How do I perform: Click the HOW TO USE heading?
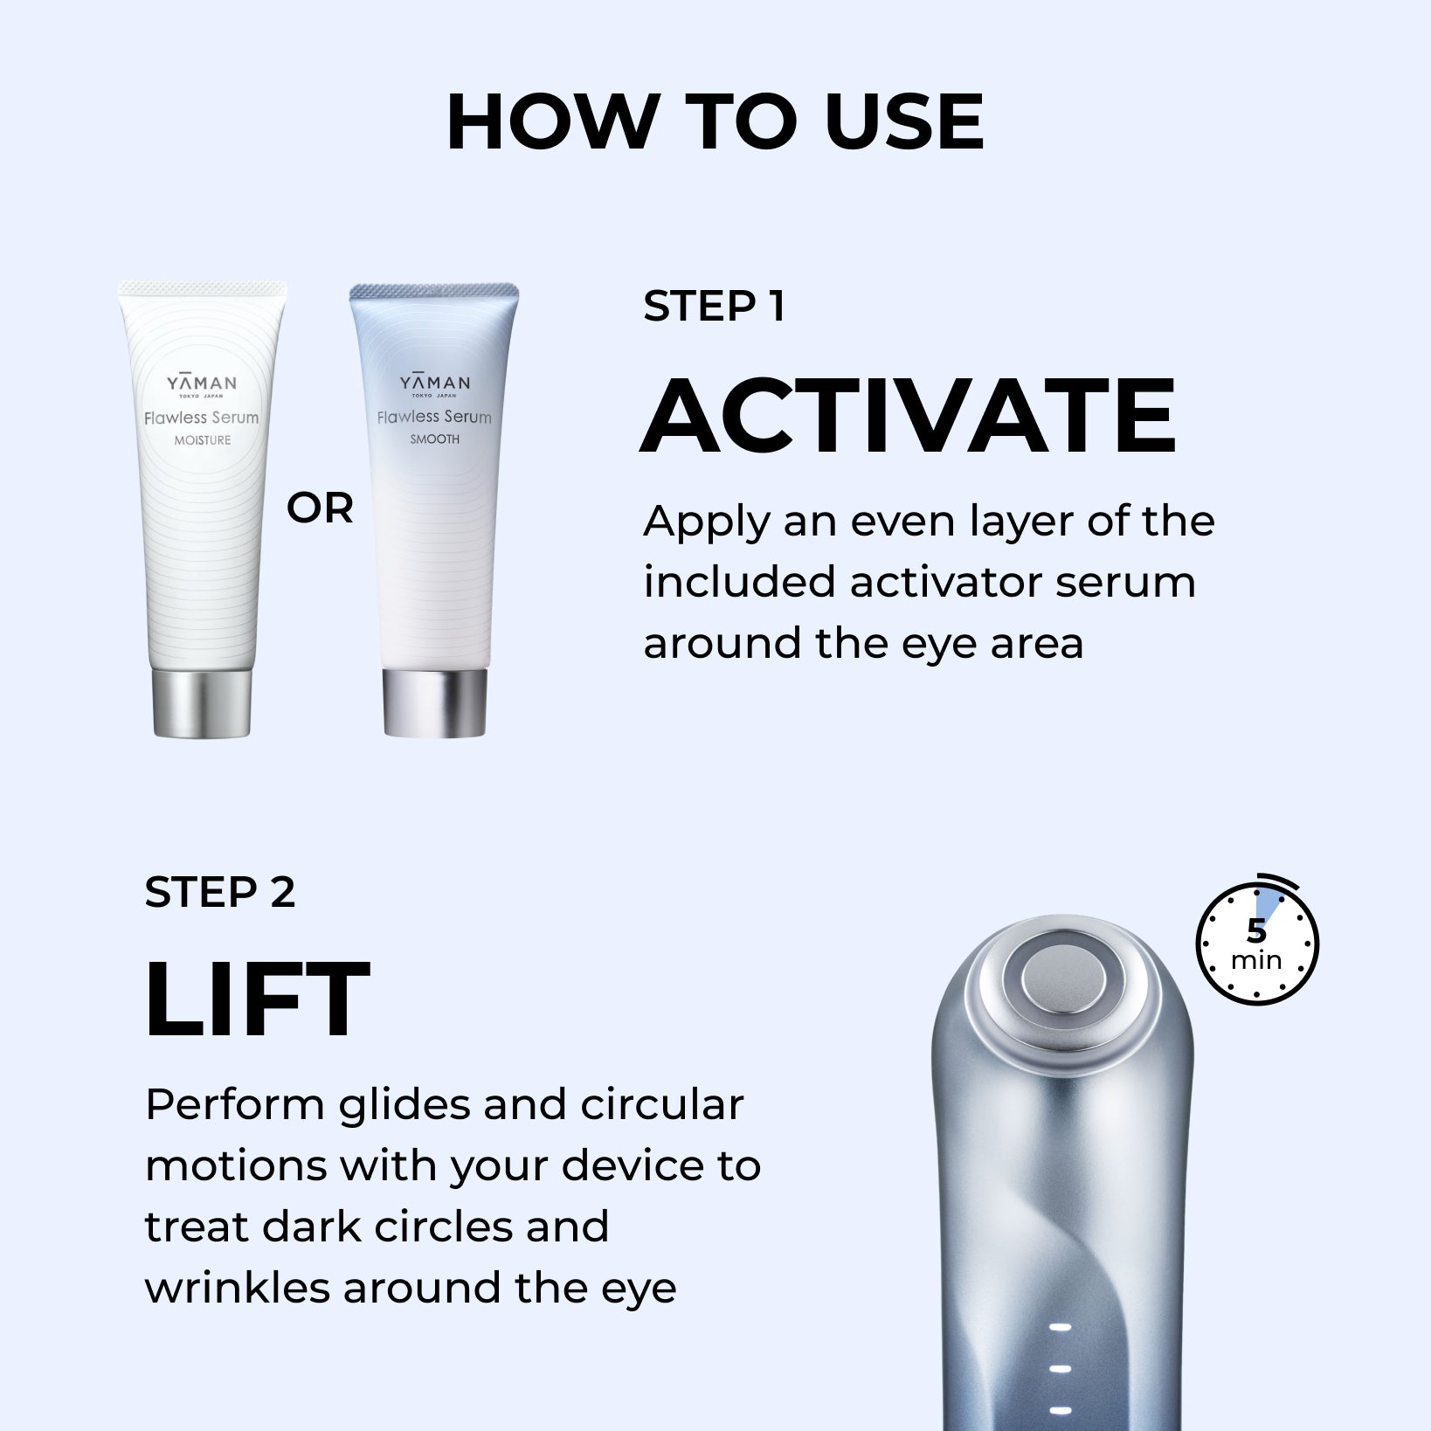715,121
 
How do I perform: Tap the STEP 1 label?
714,307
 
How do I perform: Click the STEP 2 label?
220,893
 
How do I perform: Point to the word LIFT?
258,999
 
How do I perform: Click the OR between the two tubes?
320,508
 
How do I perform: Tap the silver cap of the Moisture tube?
202,702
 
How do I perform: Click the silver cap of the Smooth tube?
435,703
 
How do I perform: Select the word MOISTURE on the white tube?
203,440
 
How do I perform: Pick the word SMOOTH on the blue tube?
435,439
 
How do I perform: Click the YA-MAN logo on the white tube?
202,384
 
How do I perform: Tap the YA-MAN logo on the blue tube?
435,383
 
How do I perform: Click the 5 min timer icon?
1257,941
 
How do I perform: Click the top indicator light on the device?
1060,1328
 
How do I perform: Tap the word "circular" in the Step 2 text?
662,1105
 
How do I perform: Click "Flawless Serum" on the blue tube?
434,417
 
